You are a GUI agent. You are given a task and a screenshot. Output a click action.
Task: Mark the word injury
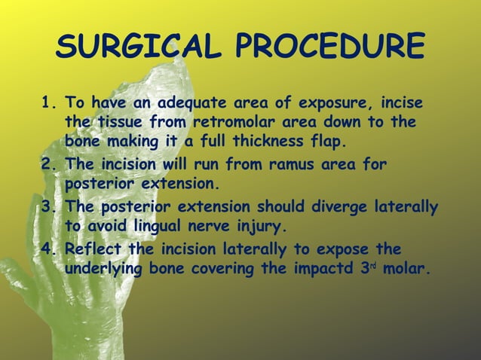click(262, 226)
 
